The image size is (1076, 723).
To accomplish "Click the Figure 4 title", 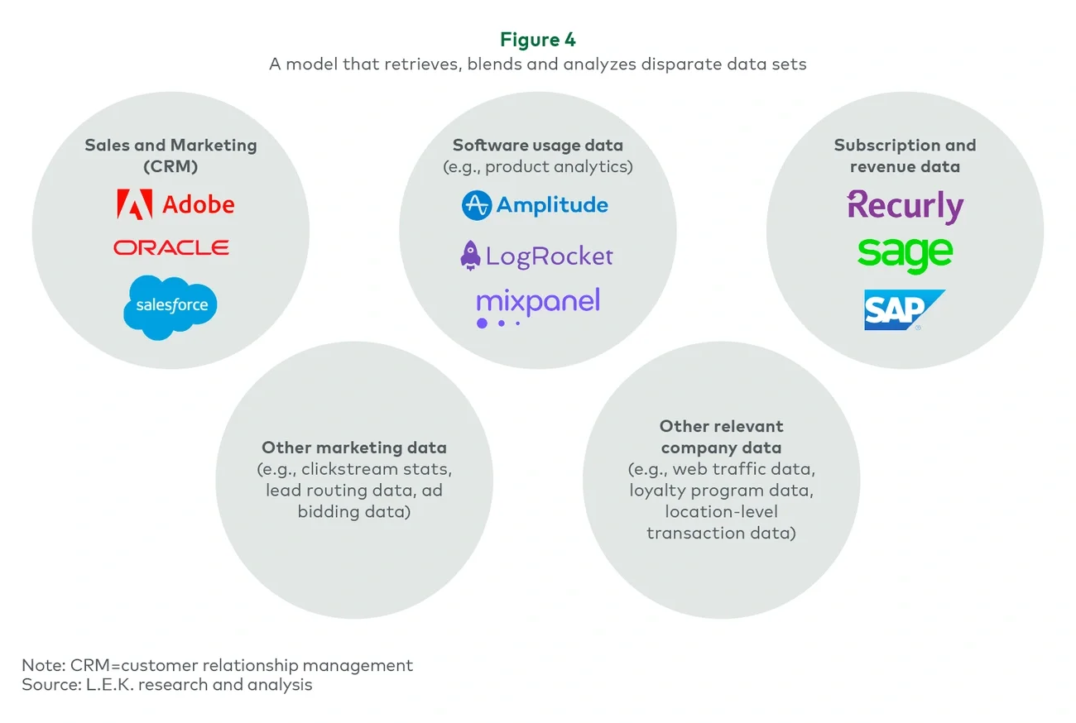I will coord(538,40).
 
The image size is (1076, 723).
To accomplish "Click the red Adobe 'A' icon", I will coord(134,204).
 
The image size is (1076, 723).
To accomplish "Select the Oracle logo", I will coord(171,247).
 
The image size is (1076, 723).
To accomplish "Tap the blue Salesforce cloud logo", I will coord(171,307).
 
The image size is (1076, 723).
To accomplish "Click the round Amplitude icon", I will coord(477,205).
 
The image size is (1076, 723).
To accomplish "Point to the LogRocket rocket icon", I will coord(470,256).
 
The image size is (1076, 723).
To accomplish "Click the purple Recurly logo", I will coord(905,206).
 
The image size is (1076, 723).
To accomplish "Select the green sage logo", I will coord(905,254).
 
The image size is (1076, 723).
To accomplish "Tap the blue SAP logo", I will coord(902,310).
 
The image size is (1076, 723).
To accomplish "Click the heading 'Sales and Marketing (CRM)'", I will coord(171,156).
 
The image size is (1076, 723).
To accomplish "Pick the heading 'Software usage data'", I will coord(538,146).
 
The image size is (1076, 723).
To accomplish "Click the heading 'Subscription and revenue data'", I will coord(905,156).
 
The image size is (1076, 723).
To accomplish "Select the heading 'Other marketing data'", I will coord(354,448).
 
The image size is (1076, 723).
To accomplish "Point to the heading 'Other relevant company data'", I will coord(720,437).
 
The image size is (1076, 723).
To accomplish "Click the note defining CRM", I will coord(218,665).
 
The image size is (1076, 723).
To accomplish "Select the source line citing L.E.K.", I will coord(167,684).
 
